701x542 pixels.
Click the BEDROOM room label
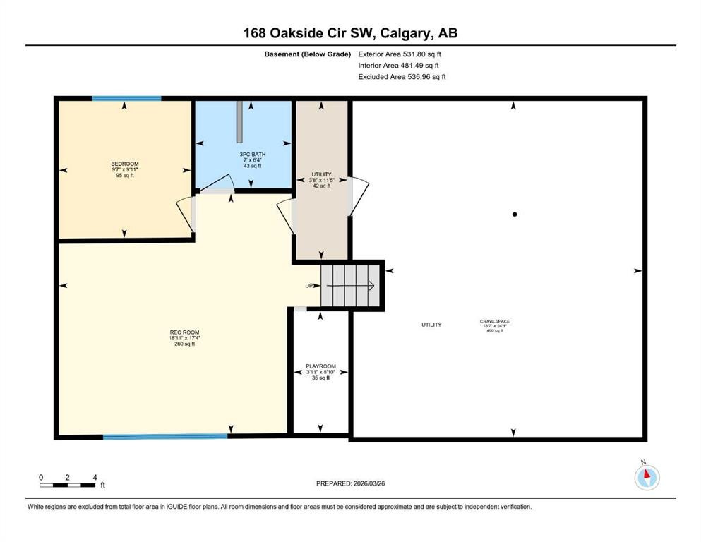point(124,164)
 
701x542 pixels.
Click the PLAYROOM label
point(320,366)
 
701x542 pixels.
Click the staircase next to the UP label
point(351,286)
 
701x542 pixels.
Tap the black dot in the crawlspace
point(515,215)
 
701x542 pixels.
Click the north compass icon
point(647,477)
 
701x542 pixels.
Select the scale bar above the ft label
point(67,485)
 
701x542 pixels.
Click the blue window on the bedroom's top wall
point(126,99)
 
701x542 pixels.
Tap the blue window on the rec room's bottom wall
point(165,436)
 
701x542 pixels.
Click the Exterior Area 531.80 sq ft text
point(400,54)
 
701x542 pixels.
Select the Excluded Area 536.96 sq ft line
point(402,77)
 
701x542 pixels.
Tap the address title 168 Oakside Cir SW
point(350,33)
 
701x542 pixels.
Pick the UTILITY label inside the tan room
point(321,174)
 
